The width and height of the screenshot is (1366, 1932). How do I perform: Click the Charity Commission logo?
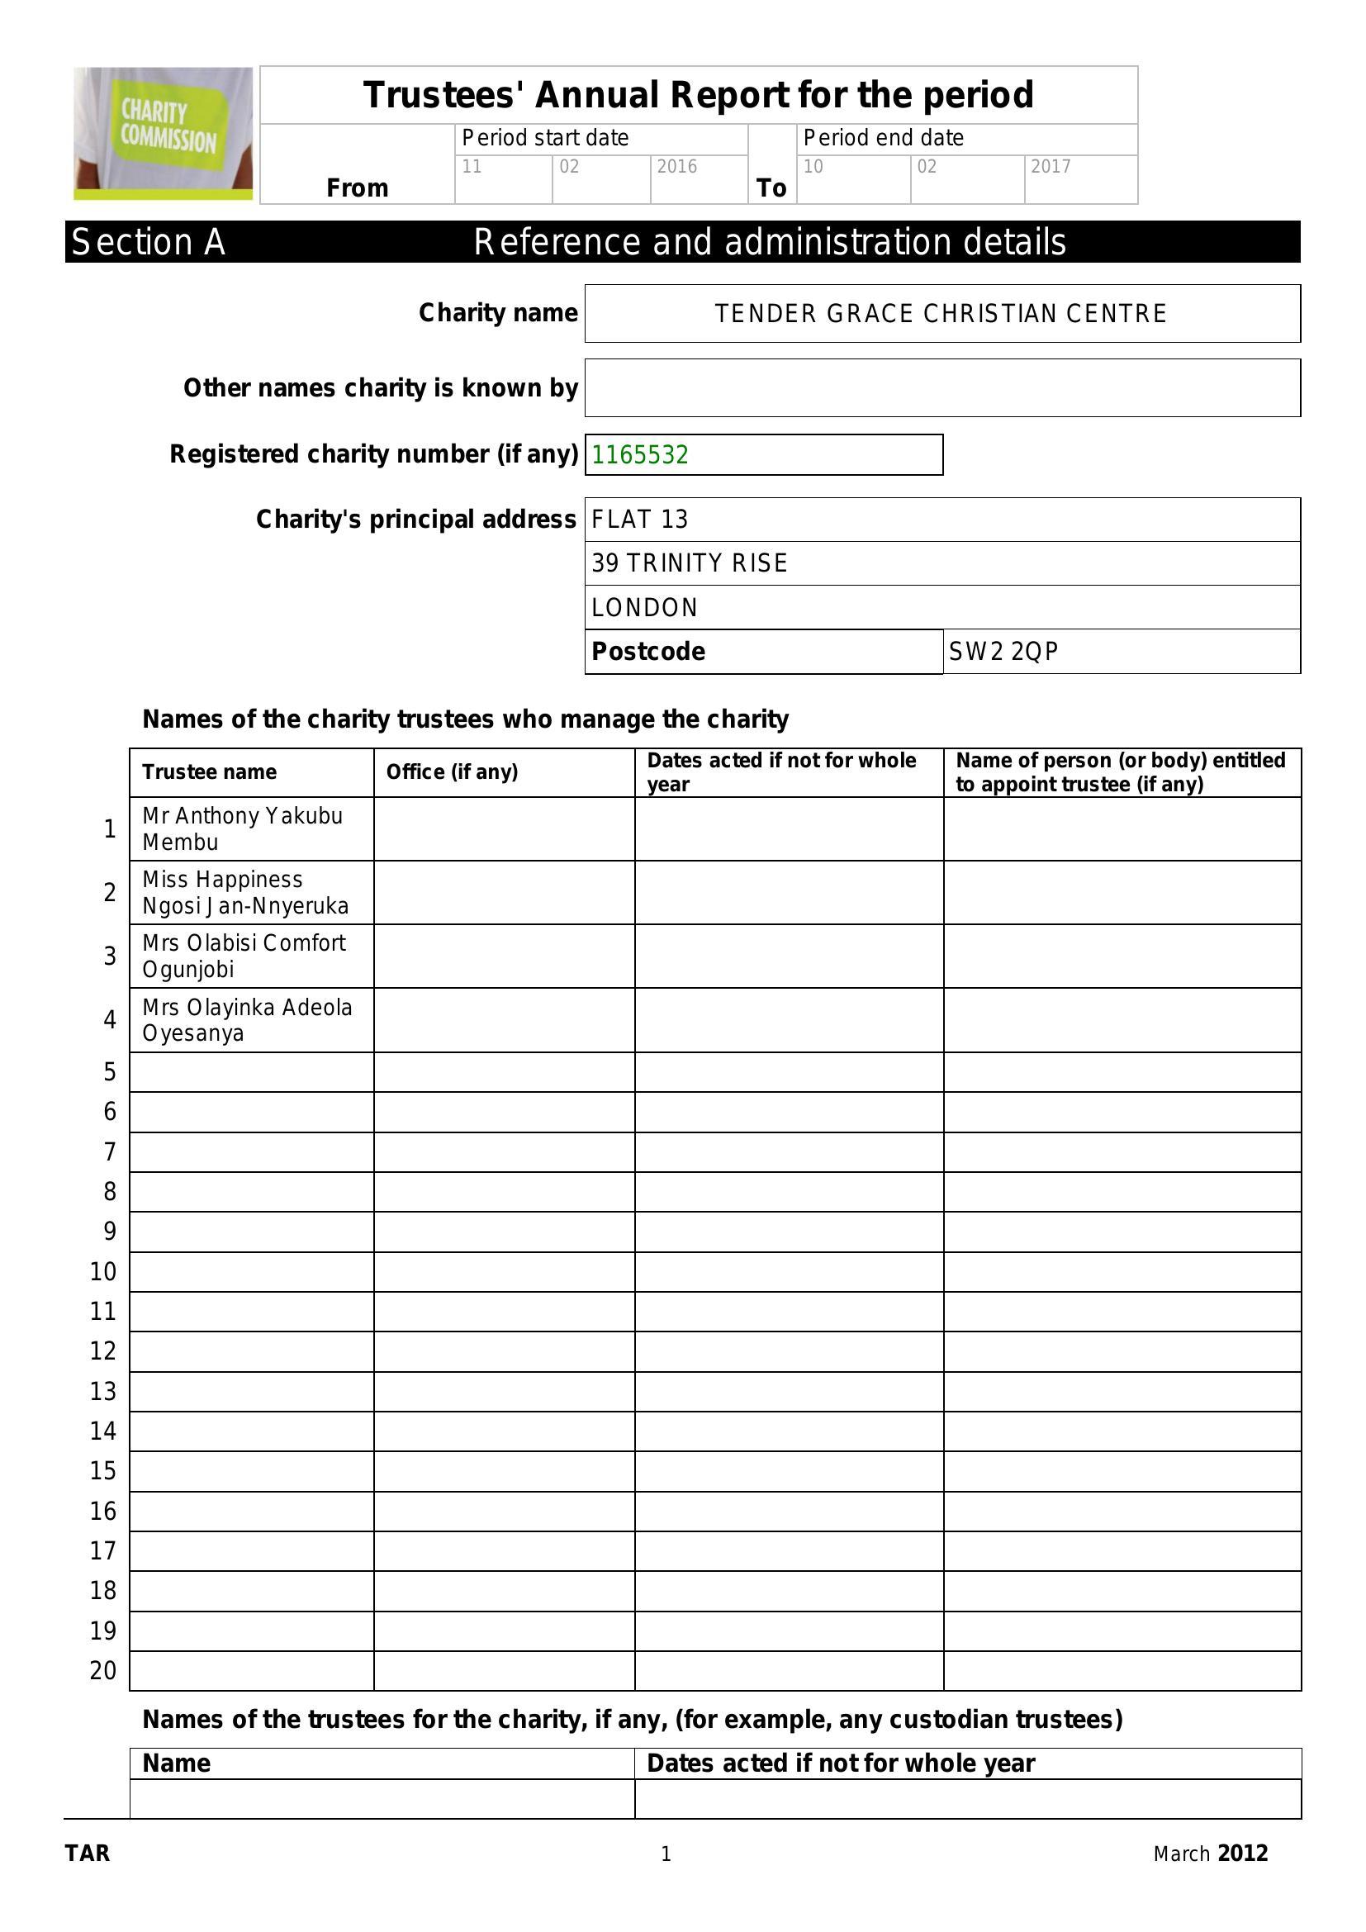(x=164, y=133)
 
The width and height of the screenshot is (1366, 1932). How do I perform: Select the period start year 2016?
(x=676, y=167)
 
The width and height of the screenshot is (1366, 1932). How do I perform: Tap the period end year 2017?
(x=1051, y=167)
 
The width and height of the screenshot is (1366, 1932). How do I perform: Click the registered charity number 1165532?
(x=640, y=455)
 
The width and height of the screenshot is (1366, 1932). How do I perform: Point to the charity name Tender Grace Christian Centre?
(x=941, y=314)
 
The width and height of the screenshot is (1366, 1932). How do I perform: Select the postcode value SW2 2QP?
(x=1003, y=651)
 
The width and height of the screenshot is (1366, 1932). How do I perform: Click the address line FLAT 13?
(x=639, y=520)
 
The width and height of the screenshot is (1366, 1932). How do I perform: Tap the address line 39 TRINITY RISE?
(x=689, y=564)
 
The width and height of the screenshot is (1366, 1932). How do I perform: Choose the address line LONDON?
(x=644, y=608)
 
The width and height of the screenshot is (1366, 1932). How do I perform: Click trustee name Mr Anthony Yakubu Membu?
(x=242, y=828)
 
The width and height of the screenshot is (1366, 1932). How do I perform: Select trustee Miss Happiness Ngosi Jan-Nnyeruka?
(x=244, y=893)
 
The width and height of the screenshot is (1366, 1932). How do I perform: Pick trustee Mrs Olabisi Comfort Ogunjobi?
(x=243, y=956)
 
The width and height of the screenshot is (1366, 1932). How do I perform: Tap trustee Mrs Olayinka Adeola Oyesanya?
(x=246, y=1020)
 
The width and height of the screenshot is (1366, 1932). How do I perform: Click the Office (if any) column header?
(x=452, y=772)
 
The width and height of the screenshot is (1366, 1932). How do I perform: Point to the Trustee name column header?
(x=210, y=772)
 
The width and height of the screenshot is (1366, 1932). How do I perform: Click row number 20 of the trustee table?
(x=102, y=1670)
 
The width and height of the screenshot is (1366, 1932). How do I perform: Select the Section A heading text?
(x=148, y=242)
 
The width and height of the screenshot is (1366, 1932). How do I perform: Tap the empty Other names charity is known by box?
(x=942, y=388)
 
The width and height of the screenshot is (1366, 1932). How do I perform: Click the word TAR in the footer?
(x=88, y=1854)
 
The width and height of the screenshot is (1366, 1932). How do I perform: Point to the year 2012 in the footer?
(x=1242, y=1854)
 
